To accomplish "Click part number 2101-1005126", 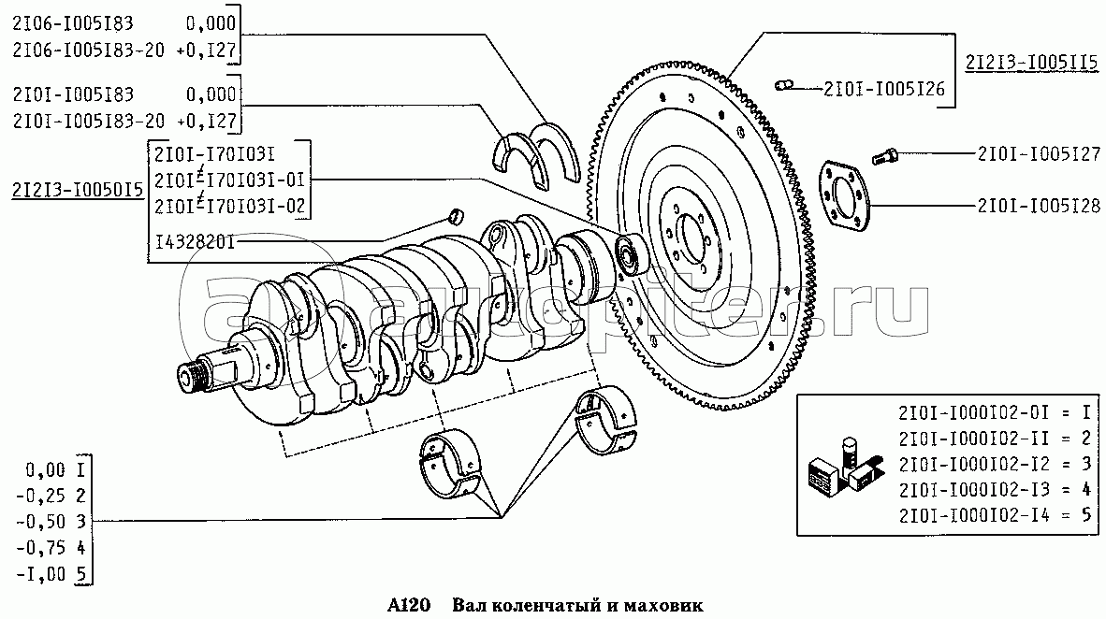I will tap(884, 90).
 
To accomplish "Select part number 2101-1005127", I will tap(1039, 154).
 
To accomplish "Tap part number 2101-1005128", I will tap(1039, 207).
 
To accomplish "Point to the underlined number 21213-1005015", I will tap(77, 190).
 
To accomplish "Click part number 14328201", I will tap(196, 244).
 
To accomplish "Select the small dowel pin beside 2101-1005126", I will tap(784, 87).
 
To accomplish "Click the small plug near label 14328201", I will tap(458, 216).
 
